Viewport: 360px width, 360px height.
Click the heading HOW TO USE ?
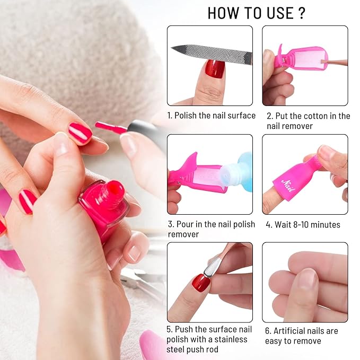257,12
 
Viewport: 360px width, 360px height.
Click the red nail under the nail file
215,69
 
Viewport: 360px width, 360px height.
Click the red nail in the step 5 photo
201,282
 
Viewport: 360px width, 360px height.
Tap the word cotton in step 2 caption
315,116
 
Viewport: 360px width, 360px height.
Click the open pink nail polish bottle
104,204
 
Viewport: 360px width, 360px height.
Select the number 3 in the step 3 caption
171,224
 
